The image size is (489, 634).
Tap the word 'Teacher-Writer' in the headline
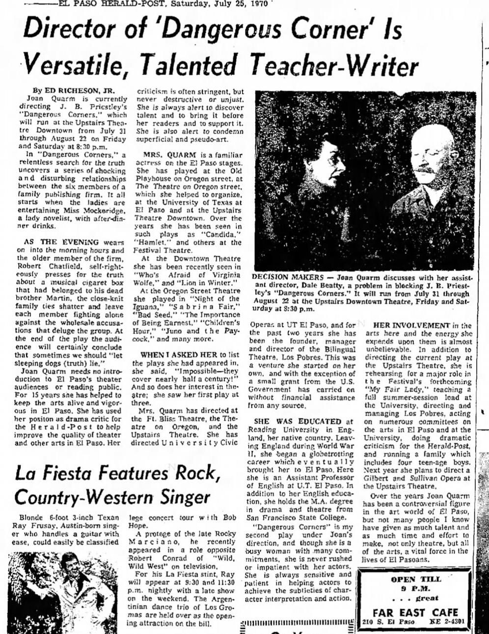tap(334, 66)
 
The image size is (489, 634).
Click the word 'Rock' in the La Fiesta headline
tap(193, 473)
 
